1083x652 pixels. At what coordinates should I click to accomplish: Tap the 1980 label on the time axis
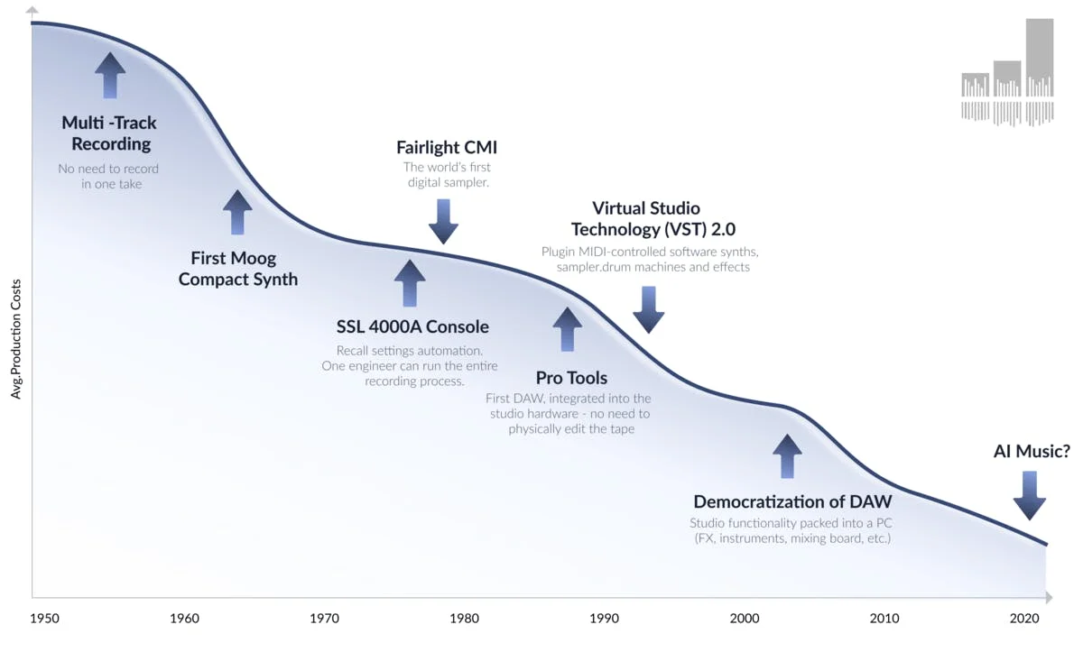(x=464, y=619)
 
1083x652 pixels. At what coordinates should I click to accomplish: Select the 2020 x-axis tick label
(x=1025, y=619)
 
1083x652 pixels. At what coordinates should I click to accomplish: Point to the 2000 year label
(x=745, y=619)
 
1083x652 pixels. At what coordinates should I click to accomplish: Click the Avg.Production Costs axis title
(x=16, y=344)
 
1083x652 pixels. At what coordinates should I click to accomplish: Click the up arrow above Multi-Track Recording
(x=110, y=75)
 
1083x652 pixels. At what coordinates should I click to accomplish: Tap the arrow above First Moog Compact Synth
(x=237, y=213)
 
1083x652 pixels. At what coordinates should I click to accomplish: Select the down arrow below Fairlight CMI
(x=444, y=221)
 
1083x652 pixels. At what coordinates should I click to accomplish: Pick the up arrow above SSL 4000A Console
(x=410, y=283)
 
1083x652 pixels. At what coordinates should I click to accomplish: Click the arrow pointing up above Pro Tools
(x=568, y=329)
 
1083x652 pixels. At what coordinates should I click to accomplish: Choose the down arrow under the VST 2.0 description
(x=648, y=310)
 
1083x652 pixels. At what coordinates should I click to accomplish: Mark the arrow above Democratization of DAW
(x=787, y=456)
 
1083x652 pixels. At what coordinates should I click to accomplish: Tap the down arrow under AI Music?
(x=1029, y=496)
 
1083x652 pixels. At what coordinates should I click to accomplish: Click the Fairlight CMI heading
(x=447, y=147)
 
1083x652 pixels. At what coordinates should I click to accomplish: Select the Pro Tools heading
(x=571, y=378)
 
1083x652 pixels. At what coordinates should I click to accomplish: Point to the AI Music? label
(x=1031, y=452)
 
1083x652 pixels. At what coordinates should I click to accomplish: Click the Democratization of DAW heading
(x=792, y=502)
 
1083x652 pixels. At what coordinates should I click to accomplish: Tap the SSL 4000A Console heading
(x=412, y=326)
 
